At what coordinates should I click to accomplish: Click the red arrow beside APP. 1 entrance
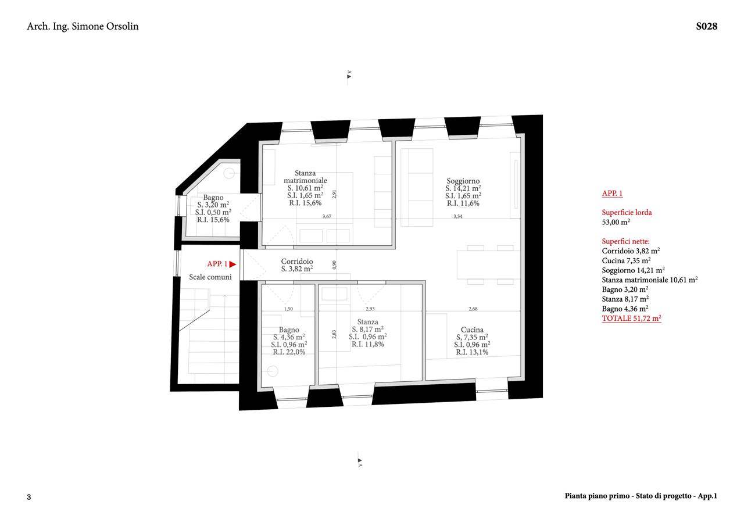[x=233, y=264]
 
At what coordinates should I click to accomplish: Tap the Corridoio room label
[x=297, y=262]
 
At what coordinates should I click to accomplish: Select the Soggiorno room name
[x=463, y=181]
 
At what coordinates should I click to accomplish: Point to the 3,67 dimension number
[x=327, y=217]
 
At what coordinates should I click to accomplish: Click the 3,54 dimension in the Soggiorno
[x=458, y=217]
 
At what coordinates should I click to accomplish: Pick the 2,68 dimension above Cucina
[x=473, y=309]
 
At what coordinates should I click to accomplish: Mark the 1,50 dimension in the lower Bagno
[x=288, y=309]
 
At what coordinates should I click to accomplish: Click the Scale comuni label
[x=210, y=277]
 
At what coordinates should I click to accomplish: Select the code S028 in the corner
[x=706, y=26]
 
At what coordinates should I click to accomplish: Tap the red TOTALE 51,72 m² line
[x=631, y=318]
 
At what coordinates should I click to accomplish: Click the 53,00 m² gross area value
[x=616, y=222]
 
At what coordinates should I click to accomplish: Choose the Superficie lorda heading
[x=627, y=213]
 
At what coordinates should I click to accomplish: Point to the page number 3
[x=29, y=497]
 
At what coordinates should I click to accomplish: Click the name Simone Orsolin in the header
[x=105, y=26]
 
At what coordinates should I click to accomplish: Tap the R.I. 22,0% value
[x=289, y=352]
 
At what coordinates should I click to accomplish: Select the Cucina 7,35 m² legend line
[x=626, y=261]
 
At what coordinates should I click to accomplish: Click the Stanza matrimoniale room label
[x=305, y=177]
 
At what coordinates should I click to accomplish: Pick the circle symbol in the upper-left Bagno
[x=229, y=173]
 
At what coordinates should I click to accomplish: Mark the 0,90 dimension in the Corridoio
[x=334, y=264]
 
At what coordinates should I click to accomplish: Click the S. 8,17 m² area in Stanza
[x=368, y=329]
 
